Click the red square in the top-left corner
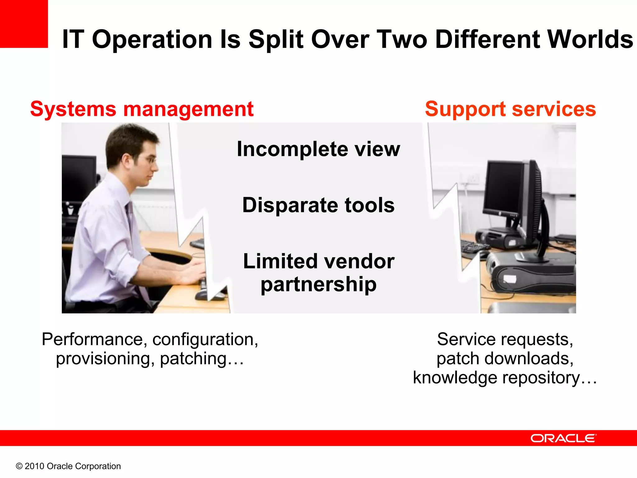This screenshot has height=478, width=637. pyautogui.click(x=24, y=24)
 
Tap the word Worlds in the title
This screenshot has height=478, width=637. pyautogui.click(x=590, y=39)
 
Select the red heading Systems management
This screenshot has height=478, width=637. pyautogui.click(x=142, y=109)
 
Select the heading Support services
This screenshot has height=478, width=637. pyautogui.click(x=510, y=109)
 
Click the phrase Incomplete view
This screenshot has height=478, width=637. pyautogui.click(x=318, y=149)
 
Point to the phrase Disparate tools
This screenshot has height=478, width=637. pyautogui.click(x=318, y=205)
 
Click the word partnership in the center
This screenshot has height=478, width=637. pyautogui.click(x=318, y=284)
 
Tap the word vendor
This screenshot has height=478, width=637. pyautogui.click(x=351, y=261)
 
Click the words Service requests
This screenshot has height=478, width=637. pyautogui.click(x=505, y=340)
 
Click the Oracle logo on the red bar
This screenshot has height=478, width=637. pyautogui.click(x=563, y=438)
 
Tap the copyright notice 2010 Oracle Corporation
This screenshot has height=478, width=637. pyautogui.click(x=68, y=466)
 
